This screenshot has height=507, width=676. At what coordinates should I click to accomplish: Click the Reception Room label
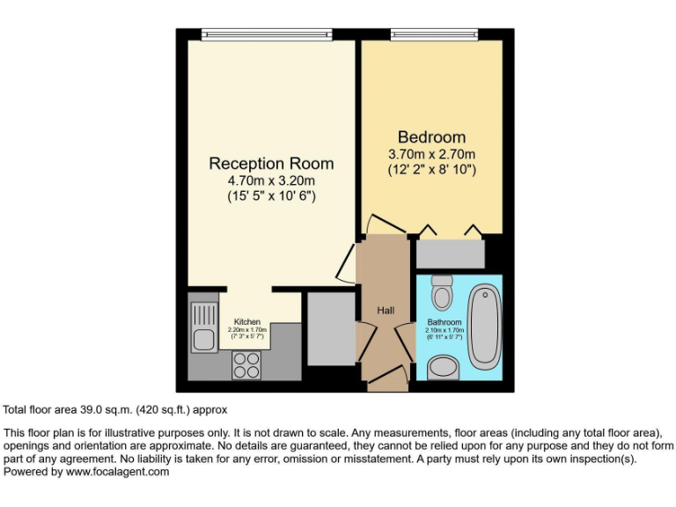[x=271, y=164]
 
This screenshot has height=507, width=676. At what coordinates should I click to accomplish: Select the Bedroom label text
[x=431, y=137]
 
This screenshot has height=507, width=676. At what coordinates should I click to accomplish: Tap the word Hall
[x=386, y=311]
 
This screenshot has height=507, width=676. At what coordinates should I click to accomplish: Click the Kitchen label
[x=247, y=322]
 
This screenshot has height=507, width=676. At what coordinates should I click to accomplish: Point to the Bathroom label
[x=445, y=322]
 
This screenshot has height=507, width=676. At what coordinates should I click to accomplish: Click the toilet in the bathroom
[x=442, y=292]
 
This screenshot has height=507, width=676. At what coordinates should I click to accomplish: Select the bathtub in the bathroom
[x=484, y=326]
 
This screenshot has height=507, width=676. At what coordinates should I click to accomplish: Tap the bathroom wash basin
[x=444, y=367]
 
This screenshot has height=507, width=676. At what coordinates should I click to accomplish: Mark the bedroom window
[x=434, y=35]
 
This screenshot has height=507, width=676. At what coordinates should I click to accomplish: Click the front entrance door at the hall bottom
[x=387, y=380]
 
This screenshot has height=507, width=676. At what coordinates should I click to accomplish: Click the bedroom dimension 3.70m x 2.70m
[x=431, y=155]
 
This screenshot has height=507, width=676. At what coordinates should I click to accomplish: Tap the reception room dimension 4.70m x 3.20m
[x=271, y=181]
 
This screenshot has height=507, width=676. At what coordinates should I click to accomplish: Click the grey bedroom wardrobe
[x=450, y=253]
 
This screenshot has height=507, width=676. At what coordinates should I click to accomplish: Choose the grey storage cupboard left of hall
[x=330, y=328]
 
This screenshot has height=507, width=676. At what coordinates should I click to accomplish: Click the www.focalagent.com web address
[x=117, y=472]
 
